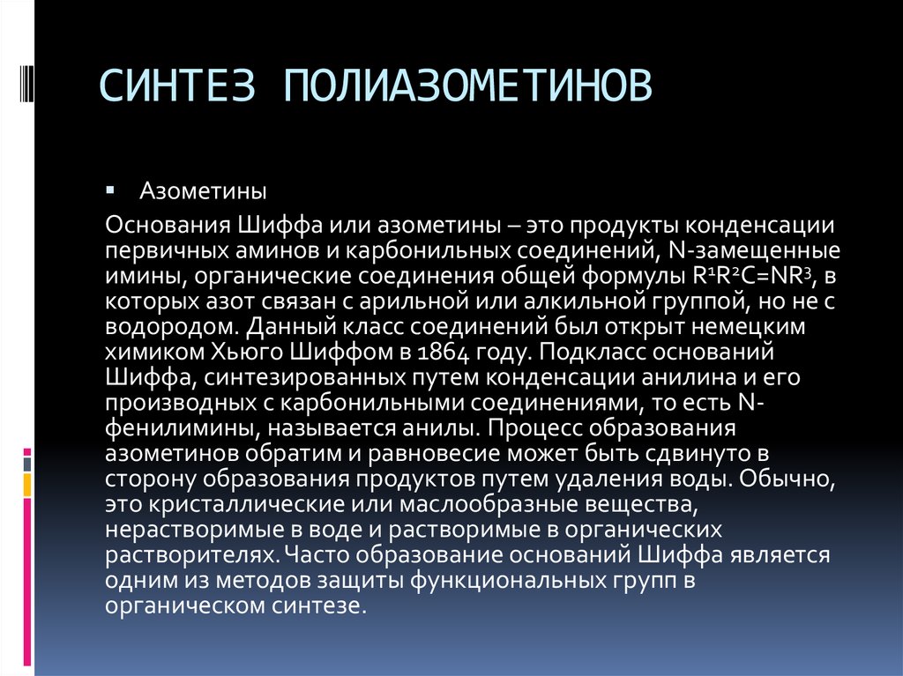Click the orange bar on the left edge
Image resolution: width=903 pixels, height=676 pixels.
[x=27, y=484]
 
